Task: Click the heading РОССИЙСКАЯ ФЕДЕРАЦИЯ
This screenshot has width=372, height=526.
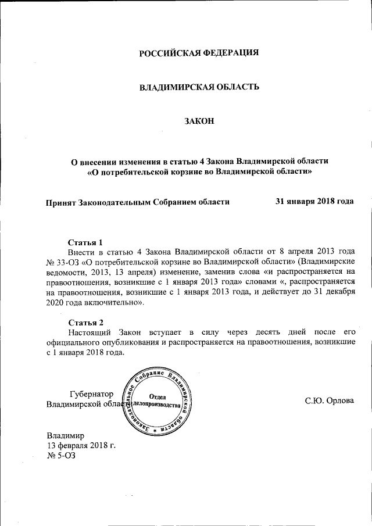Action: (198, 53)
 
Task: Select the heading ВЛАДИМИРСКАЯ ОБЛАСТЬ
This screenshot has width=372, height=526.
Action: (198, 87)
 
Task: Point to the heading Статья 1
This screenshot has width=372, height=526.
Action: (85, 242)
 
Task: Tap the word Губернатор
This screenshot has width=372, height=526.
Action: (91, 394)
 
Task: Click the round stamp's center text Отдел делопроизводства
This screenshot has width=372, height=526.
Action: (158, 400)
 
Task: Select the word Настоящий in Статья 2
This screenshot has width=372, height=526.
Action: (90, 332)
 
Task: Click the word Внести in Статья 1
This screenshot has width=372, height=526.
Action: (81, 252)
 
